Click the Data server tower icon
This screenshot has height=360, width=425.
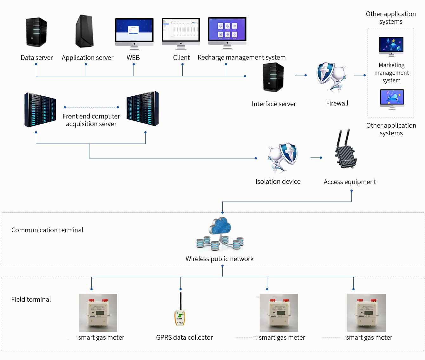click(x=36, y=32)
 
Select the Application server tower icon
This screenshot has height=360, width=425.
click(x=85, y=31)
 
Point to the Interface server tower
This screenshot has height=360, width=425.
click(x=273, y=77)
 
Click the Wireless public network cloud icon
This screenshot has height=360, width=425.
click(x=220, y=234)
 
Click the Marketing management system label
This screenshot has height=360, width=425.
click(x=391, y=73)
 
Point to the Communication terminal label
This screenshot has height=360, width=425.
click(x=47, y=230)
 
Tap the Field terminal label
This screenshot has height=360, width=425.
click(x=31, y=299)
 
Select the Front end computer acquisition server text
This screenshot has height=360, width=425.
click(x=91, y=120)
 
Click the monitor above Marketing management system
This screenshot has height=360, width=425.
click(x=391, y=46)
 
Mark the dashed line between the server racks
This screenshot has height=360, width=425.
click(x=91, y=107)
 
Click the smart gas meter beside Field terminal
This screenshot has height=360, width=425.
click(x=98, y=313)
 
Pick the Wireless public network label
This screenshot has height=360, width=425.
click(x=219, y=259)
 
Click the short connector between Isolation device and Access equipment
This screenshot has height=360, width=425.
click(x=316, y=157)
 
